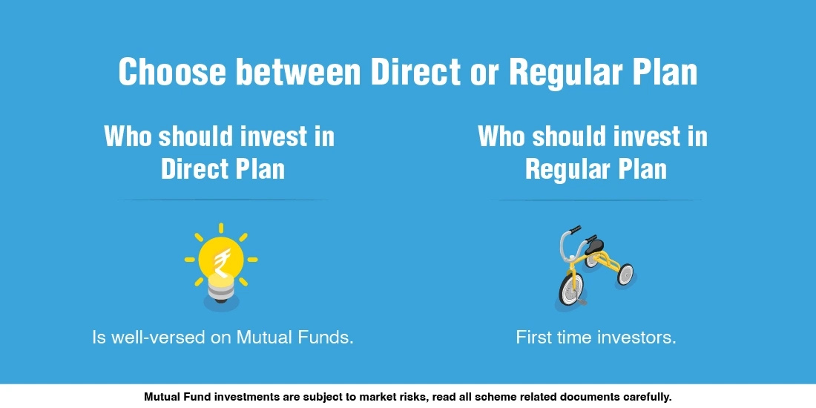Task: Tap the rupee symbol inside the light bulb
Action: coord(221,260)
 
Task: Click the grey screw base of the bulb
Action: coord(221,289)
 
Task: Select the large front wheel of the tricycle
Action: coord(570,289)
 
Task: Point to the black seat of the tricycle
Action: coord(593,243)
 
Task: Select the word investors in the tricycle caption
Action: coord(637,338)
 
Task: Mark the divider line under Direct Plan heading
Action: coord(223,200)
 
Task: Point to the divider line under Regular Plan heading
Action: coord(596,200)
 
